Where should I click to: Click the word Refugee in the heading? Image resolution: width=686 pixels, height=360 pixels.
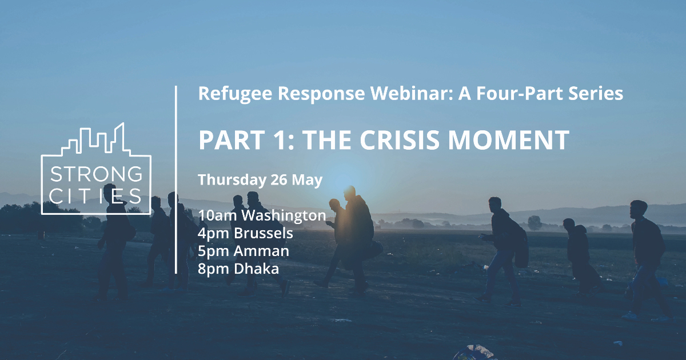(x=236, y=94)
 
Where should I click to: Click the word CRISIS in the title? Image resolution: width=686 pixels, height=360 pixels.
(x=400, y=140)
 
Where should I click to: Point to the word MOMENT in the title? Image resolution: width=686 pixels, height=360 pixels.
(x=509, y=140)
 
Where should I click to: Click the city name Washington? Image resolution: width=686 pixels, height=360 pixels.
(x=284, y=215)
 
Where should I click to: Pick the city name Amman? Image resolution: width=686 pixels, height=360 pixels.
(x=261, y=251)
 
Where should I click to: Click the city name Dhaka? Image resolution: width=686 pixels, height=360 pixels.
(x=256, y=269)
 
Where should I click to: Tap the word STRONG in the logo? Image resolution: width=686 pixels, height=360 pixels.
(x=96, y=174)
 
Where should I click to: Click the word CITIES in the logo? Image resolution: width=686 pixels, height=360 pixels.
(x=95, y=196)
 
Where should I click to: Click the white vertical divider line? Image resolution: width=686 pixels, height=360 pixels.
(x=176, y=179)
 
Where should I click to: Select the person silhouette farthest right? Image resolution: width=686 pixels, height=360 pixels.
(x=648, y=260)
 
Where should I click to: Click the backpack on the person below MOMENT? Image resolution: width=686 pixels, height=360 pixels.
(x=521, y=245)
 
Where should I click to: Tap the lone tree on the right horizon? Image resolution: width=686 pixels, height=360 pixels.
(x=535, y=222)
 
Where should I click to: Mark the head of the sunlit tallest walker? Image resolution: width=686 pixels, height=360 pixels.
(x=349, y=192)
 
